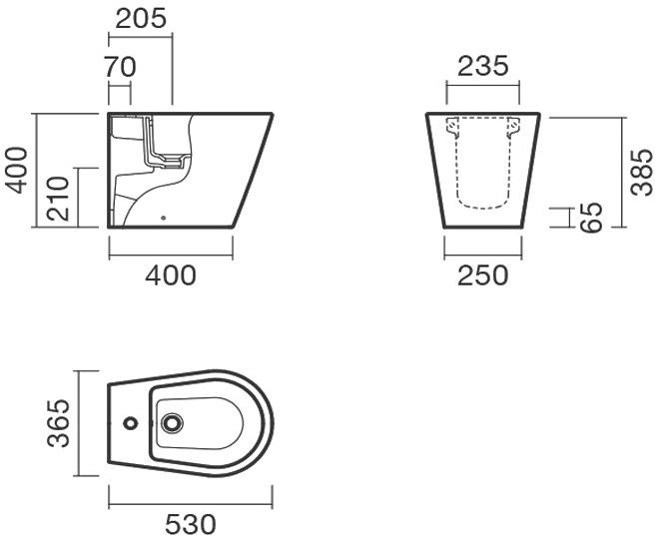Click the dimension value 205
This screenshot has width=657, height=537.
coord(141,18)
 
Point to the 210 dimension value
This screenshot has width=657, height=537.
coord(58,199)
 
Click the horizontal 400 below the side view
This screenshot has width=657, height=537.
coord(171,274)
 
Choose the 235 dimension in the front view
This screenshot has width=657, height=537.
coord(483,66)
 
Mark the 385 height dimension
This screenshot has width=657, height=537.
coord(642,171)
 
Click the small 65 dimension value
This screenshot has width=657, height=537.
coord(592,217)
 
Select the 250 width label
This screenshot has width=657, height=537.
coord(483,274)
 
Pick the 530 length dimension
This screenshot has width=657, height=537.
coord(190,522)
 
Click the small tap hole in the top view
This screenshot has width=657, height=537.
coord(129,424)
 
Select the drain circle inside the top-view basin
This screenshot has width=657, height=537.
coord(173,424)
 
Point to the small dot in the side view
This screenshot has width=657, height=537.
coord(163,214)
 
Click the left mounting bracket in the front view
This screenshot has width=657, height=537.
coord(452,127)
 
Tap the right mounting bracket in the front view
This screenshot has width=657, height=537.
coord(514,127)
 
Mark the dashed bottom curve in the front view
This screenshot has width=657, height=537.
coord(483,207)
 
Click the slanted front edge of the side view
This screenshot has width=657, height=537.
coord(254,170)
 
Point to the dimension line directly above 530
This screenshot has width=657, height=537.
coord(190,503)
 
